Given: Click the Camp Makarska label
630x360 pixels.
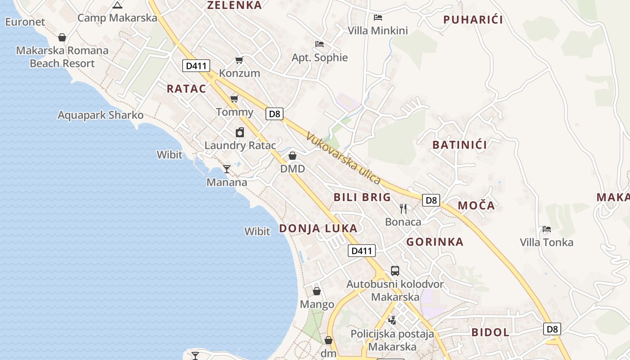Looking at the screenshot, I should click(x=117, y=18).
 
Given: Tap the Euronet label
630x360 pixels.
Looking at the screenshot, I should click(x=25, y=22).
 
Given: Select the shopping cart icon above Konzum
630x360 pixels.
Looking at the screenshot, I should click(x=239, y=60).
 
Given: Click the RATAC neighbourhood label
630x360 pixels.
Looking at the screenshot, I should click(x=186, y=89).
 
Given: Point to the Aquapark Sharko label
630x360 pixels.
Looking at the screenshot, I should click(x=100, y=115).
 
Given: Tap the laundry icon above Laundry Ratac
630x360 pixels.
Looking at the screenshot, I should click(x=240, y=132).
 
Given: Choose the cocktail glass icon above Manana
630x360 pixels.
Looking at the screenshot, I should click(x=227, y=169).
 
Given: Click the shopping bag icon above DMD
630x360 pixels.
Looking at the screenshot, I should click(x=292, y=156).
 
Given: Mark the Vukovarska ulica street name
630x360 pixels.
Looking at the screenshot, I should click(x=343, y=158).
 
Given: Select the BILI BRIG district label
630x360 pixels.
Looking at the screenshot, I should click(x=362, y=197).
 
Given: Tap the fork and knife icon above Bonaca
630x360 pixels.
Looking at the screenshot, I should click(x=403, y=208).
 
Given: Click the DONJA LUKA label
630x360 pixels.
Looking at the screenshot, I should click(x=318, y=228).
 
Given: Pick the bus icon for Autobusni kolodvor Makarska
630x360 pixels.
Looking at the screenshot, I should click(x=395, y=270).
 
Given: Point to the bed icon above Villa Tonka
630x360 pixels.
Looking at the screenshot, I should click(x=547, y=229).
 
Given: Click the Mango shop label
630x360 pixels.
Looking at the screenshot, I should click(x=317, y=304).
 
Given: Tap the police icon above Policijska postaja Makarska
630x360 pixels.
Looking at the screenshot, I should click(x=392, y=320).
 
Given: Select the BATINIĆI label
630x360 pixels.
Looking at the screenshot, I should click(x=459, y=145).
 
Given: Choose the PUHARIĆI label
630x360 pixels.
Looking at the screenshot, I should click(x=473, y=20).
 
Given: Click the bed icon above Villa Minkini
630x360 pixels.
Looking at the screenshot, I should click(x=378, y=18).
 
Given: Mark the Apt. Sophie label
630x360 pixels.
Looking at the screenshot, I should click(x=319, y=58).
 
